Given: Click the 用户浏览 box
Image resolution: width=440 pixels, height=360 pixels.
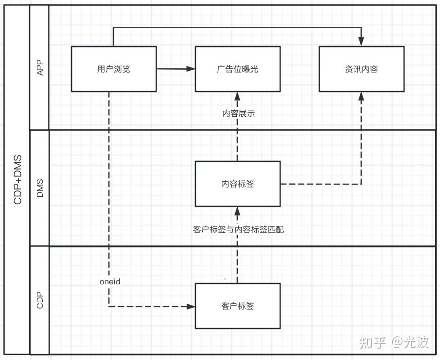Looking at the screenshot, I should point(114,69).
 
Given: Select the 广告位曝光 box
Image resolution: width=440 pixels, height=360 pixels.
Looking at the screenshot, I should point(238,69).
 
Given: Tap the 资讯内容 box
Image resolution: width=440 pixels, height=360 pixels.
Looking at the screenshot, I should point(361,69).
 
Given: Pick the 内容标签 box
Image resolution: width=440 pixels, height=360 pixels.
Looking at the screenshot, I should point(238,184).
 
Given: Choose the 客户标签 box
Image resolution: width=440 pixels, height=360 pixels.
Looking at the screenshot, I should point(238,306).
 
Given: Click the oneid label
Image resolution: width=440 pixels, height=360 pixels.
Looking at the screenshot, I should point(110,282).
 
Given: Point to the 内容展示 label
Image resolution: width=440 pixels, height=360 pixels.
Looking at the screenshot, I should point(238,113).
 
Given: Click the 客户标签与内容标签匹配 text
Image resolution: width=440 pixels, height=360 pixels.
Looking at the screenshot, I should point(238,230).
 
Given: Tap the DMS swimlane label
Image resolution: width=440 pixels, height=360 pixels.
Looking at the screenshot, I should point(40,188).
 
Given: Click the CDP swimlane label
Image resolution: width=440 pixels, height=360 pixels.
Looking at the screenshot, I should point(40,300).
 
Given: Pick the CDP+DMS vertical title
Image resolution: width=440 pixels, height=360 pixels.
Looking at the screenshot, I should point(18,180).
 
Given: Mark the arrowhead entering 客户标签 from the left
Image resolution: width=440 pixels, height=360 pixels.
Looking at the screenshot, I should point(191,306).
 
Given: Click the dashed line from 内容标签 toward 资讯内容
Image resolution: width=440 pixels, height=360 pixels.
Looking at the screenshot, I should point(321,184).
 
